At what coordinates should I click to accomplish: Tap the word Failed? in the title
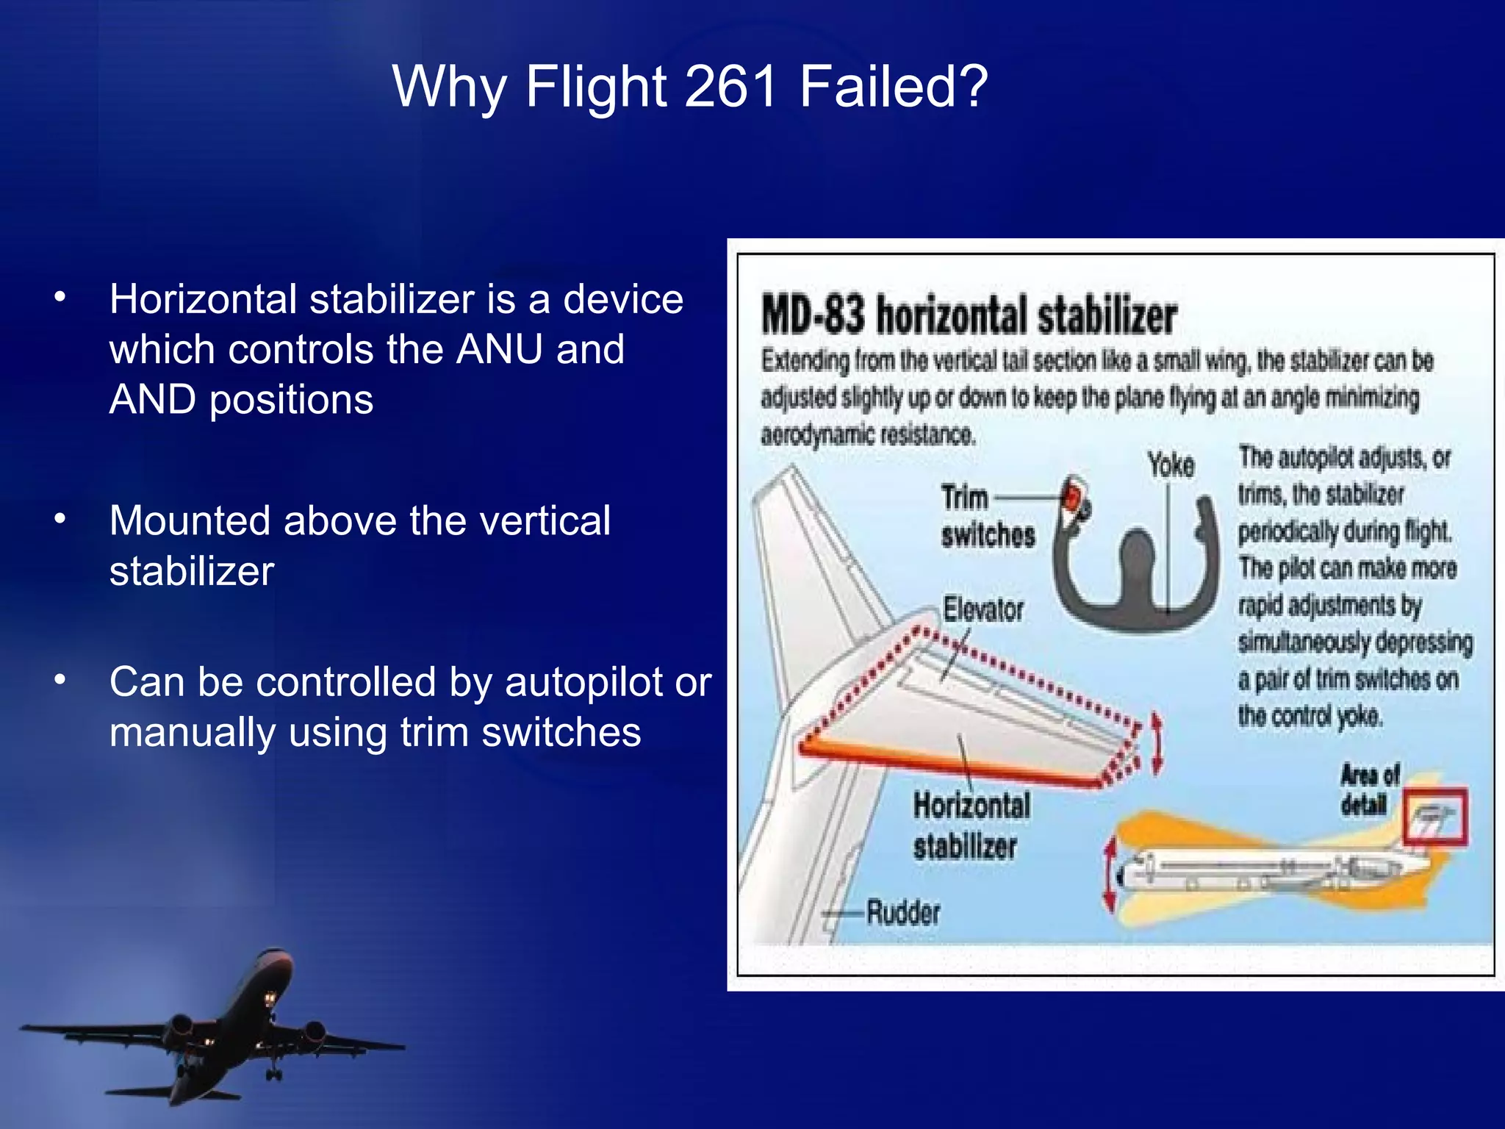click(x=894, y=87)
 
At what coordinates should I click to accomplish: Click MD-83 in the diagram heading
click(x=813, y=315)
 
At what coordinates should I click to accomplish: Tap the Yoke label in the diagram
click(x=1171, y=465)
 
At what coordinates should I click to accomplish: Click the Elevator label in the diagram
click(x=983, y=609)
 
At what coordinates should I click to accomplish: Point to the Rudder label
click(x=903, y=913)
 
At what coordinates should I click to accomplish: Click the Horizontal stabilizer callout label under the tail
click(x=971, y=825)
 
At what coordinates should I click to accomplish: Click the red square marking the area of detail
click(x=1434, y=817)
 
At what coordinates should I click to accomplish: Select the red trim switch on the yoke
click(x=1074, y=495)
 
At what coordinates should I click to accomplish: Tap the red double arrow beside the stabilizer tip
click(x=1157, y=742)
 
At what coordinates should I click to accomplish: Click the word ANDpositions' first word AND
click(x=152, y=400)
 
